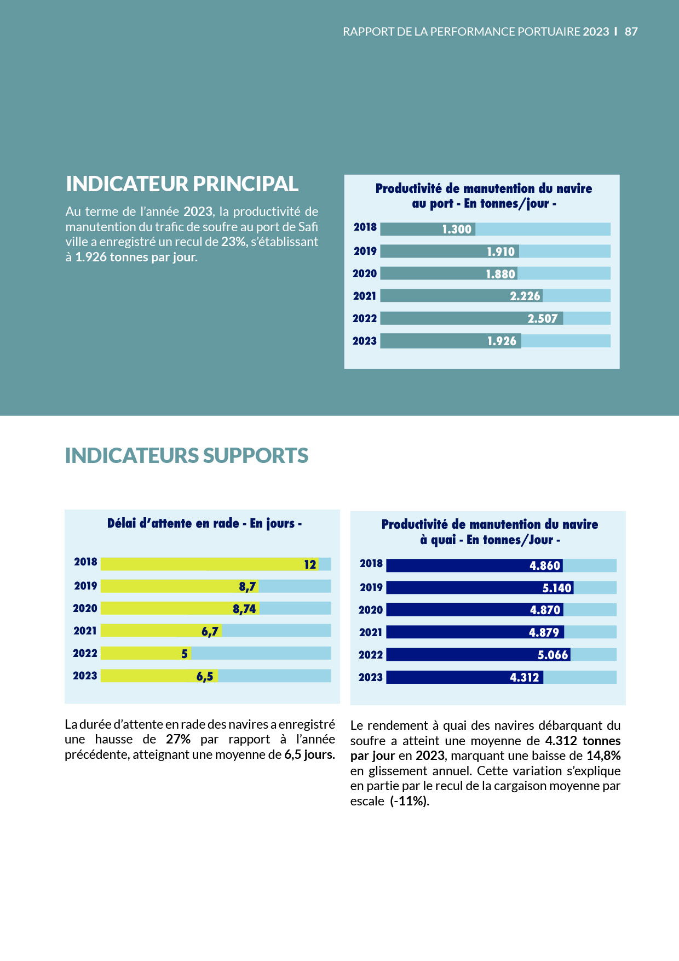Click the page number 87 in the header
[631, 32]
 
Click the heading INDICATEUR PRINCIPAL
[182, 184]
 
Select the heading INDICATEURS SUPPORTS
[186, 456]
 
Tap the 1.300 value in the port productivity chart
[457, 230]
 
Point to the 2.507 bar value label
[542, 319]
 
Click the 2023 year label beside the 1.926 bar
[365, 341]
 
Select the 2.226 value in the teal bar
[525, 296]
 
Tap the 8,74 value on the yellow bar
[244, 609]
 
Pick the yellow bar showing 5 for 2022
[145, 653]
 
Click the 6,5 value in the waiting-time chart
[205, 677]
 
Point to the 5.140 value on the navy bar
[556, 588]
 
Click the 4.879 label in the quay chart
[544, 633]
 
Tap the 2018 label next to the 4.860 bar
[371, 564]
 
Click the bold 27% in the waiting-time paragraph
[178, 740]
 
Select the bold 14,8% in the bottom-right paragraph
[603, 756]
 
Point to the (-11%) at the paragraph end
[409, 802]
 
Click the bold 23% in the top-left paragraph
[234, 242]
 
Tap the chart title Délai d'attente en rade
[204, 524]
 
